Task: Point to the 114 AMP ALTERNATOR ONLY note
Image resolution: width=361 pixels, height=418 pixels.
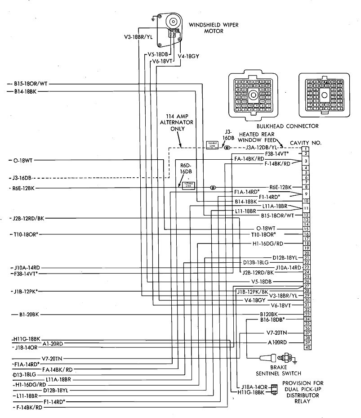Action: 179,122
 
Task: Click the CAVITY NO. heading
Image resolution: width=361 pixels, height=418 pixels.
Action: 306,143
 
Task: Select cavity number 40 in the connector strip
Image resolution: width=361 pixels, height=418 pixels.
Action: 308,347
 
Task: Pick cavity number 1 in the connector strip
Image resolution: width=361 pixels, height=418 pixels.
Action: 306,149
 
